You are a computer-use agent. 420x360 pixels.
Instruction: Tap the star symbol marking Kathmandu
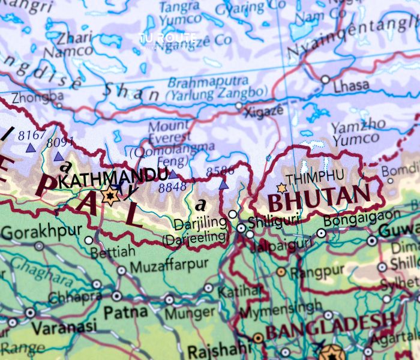click(110, 196)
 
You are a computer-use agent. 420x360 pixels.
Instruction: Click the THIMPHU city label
click(315, 177)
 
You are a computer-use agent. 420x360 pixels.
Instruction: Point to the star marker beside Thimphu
click(281, 188)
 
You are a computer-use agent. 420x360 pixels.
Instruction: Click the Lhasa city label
click(351, 86)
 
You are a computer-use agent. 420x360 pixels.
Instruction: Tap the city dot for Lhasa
click(325, 79)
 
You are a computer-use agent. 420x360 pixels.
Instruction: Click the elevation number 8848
click(172, 188)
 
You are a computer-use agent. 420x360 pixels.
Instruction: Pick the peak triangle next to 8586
click(224, 185)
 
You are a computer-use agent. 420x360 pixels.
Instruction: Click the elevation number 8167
click(31, 135)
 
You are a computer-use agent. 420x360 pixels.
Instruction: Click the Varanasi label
click(64, 328)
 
